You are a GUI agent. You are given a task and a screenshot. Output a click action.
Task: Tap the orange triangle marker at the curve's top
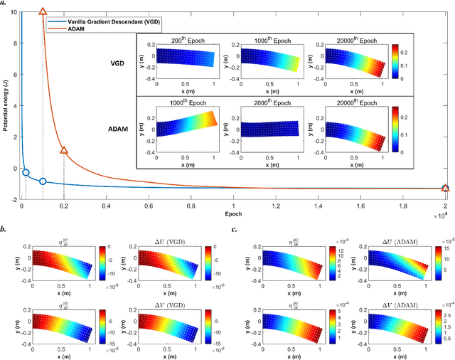(43, 12)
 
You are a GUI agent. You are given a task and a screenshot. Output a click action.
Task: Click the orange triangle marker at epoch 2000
(64, 150)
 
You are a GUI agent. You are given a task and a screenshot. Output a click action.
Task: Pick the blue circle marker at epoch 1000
(43, 181)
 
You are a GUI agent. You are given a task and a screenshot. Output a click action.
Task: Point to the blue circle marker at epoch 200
(26, 173)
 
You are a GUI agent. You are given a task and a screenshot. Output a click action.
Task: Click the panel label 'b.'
(5, 228)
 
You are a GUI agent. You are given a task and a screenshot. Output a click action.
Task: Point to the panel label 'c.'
(235, 228)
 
